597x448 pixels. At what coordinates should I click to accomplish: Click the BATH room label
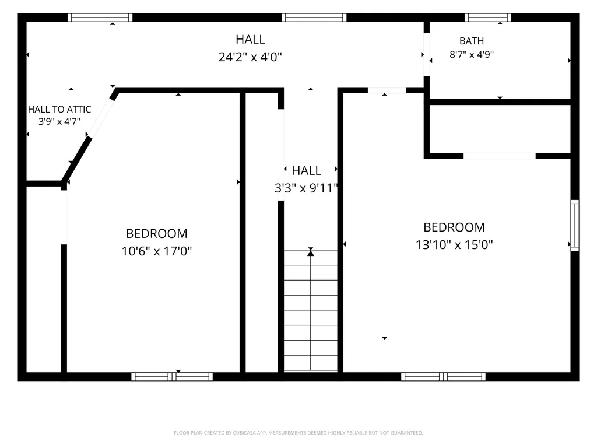pyautogui.click(x=471, y=41)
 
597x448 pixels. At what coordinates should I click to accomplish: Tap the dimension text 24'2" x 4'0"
pyautogui.click(x=250, y=57)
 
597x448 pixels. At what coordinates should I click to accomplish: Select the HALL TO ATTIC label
pyautogui.click(x=59, y=110)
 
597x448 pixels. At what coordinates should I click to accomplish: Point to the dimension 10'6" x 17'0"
pyautogui.click(x=156, y=251)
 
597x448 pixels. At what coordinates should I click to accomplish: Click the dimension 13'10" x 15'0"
pyautogui.click(x=454, y=244)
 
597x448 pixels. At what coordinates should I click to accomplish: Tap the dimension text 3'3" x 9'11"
pyautogui.click(x=307, y=188)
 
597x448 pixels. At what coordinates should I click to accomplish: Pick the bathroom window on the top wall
pyautogui.click(x=488, y=17)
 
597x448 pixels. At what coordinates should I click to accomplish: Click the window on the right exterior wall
pyautogui.click(x=574, y=225)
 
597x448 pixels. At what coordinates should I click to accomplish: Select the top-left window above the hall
pyautogui.click(x=100, y=17)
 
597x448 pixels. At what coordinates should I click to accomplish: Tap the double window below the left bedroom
pyautogui.click(x=172, y=377)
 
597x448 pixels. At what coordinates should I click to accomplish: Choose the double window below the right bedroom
pyautogui.click(x=443, y=377)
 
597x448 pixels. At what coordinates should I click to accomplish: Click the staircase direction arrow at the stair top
pyautogui.click(x=311, y=252)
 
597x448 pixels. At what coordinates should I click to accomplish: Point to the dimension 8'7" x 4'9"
pyautogui.click(x=471, y=54)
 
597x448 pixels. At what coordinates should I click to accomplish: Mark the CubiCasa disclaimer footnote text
pyautogui.click(x=298, y=433)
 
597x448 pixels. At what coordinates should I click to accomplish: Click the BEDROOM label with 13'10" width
pyautogui.click(x=454, y=228)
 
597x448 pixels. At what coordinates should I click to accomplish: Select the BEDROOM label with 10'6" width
pyautogui.click(x=156, y=233)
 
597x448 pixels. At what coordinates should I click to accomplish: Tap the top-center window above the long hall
pyautogui.click(x=314, y=17)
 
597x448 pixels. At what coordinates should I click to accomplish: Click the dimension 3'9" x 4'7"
pyautogui.click(x=59, y=122)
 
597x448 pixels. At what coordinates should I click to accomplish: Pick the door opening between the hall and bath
pyautogui.click(x=427, y=55)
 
